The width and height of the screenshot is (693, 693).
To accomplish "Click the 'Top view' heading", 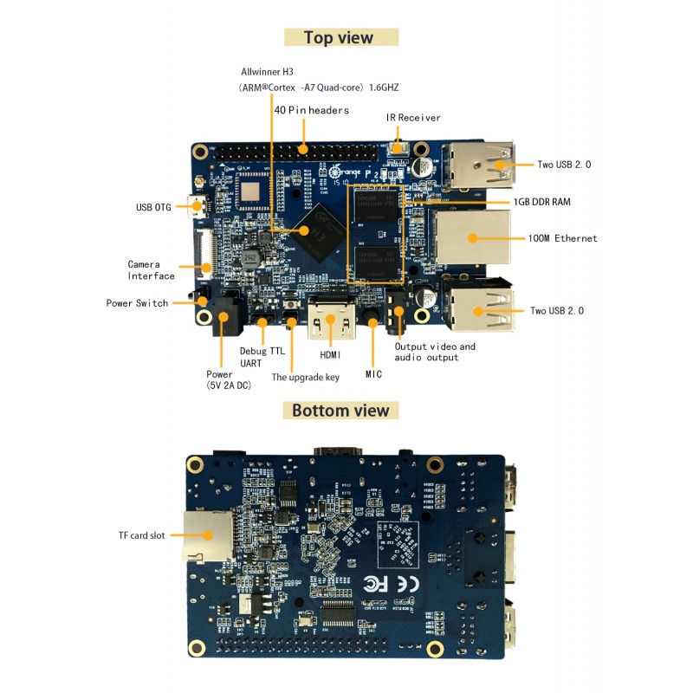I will [341, 37].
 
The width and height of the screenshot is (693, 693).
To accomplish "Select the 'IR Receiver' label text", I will [413, 117].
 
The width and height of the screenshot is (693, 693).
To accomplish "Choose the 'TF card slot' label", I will [141, 535].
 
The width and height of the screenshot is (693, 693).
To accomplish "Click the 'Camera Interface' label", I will [151, 270].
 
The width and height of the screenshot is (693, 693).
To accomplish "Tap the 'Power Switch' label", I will [137, 303].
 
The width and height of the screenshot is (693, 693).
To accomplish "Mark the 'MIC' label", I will [372, 373].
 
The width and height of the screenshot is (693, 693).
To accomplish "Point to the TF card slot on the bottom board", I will [205, 534].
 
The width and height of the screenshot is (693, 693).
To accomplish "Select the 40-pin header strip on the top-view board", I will [295, 149].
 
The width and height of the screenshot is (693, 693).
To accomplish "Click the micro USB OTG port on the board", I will [198, 207].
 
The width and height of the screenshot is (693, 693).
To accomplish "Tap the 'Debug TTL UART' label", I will [262, 357].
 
